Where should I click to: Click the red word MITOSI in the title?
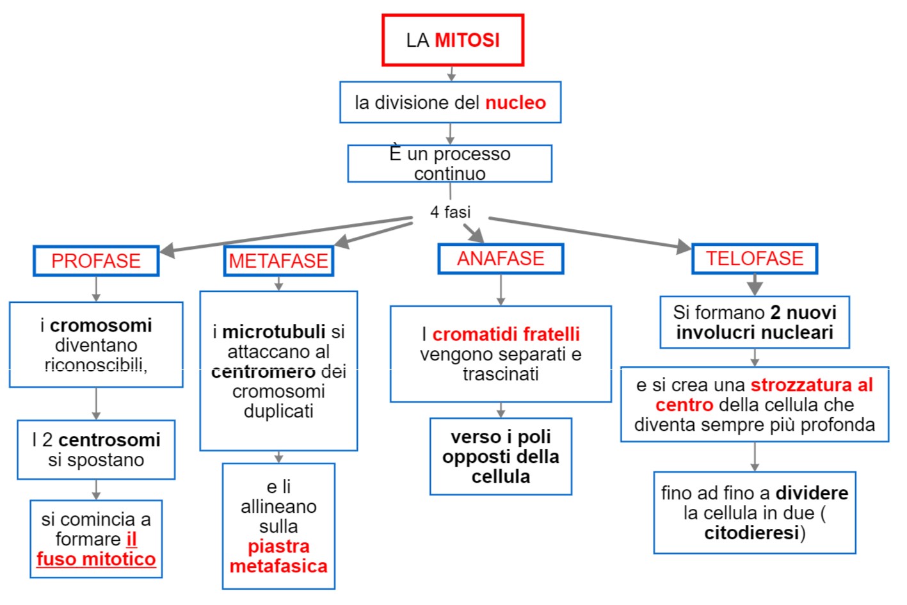(x=467, y=40)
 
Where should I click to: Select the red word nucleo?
(x=515, y=102)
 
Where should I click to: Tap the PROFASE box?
(x=96, y=261)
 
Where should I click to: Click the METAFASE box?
(x=278, y=261)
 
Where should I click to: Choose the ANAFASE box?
(x=501, y=259)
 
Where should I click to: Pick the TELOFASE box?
(x=754, y=259)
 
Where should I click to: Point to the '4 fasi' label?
(x=450, y=212)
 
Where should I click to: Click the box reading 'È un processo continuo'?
(x=449, y=164)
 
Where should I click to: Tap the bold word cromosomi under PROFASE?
(x=101, y=325)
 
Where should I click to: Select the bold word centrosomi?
(x=109, y=440)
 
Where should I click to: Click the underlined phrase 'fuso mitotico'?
(x=96, y=559)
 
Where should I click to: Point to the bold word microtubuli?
(x=274, y=332)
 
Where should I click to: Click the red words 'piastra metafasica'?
(x=278, y=556)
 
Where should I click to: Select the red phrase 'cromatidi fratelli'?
(x=506, y=334)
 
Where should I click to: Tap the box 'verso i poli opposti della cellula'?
(x=501, y=456)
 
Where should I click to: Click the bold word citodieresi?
(x=751, y=533)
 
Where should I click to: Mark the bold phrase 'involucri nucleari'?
(x=755, y=332)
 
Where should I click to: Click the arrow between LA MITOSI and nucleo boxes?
(x=451, y=74)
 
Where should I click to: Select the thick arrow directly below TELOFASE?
(x=755, y=285)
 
